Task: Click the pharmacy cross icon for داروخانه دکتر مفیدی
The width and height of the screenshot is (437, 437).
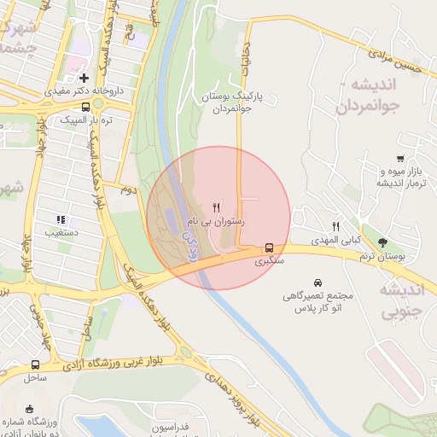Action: tap(84, 78)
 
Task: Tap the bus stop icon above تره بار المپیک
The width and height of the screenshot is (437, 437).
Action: tap(84, 108)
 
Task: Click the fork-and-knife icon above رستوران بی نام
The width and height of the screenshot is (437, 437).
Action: tap(217, 207)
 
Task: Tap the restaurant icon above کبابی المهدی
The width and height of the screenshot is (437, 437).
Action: tap(336, 227)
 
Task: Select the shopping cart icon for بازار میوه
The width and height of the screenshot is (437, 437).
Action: tap(400, 159)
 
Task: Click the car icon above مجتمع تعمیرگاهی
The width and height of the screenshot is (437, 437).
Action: tap(318, 283)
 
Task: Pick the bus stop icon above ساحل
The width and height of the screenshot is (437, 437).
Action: tap(35, 364)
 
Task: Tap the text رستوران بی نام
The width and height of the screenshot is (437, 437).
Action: tap(217, 221)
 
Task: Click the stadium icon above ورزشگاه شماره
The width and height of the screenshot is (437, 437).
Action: tap(30, 407)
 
